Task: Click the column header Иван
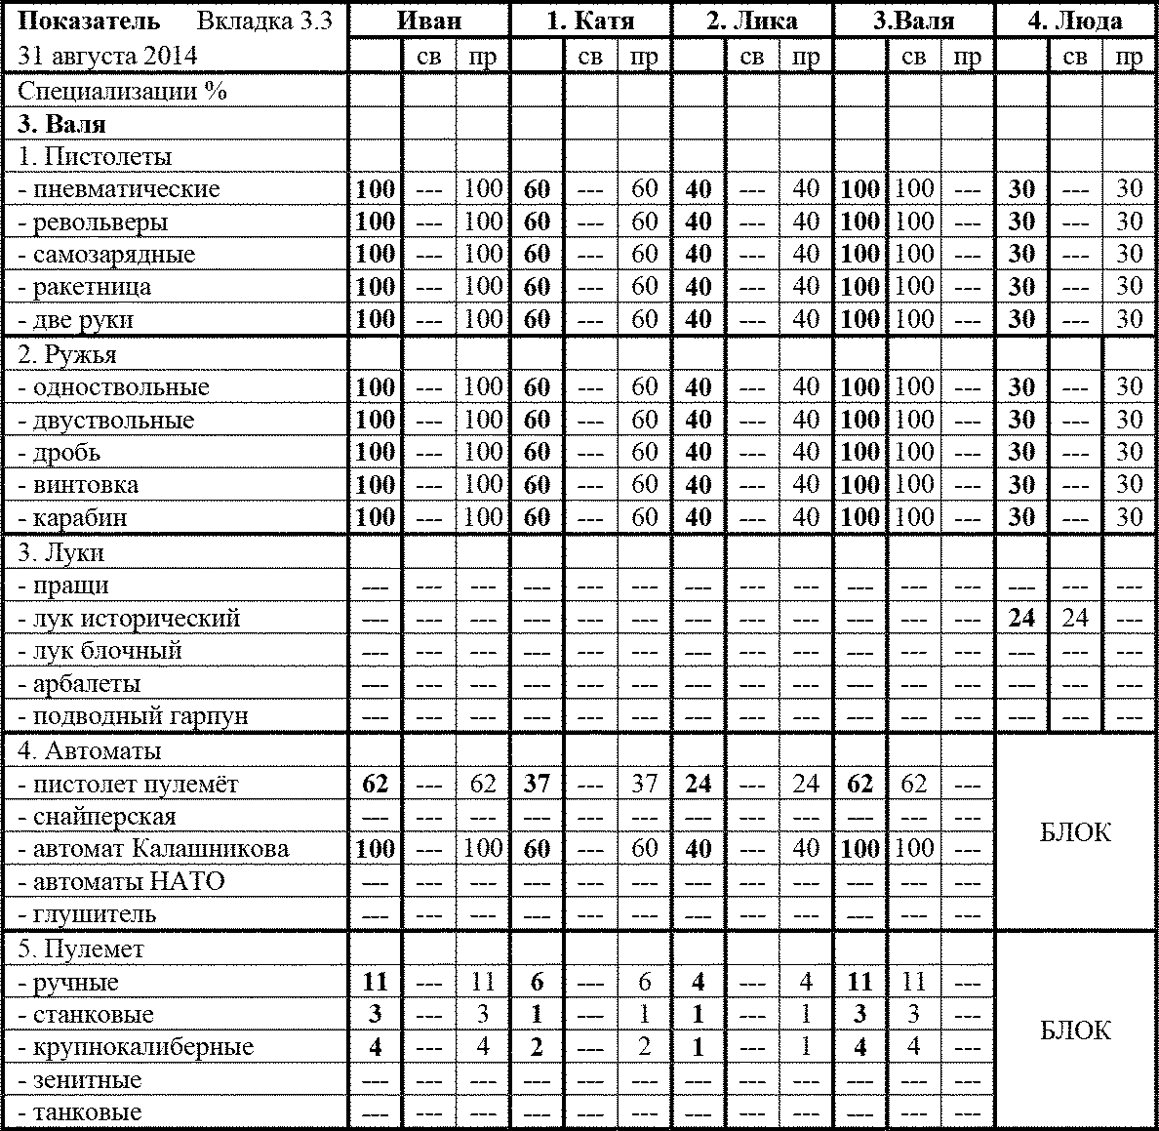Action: point(429,20)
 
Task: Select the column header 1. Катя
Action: point(589,20)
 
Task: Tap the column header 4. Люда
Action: point(1075,20)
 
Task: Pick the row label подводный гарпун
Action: point(133,716)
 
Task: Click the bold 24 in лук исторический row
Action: point(1021,618)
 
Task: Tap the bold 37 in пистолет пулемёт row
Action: point(537,784)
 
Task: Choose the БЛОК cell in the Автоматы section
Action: point(1075,832)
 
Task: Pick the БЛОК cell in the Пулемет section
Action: point(1075,1030)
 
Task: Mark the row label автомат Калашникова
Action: point(154,849)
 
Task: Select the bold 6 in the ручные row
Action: point(537,982)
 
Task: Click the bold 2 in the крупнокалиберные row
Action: point(537,1047)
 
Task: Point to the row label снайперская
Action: point(98,817)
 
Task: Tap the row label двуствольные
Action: point(106,420)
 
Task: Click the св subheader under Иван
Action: point(428,57)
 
